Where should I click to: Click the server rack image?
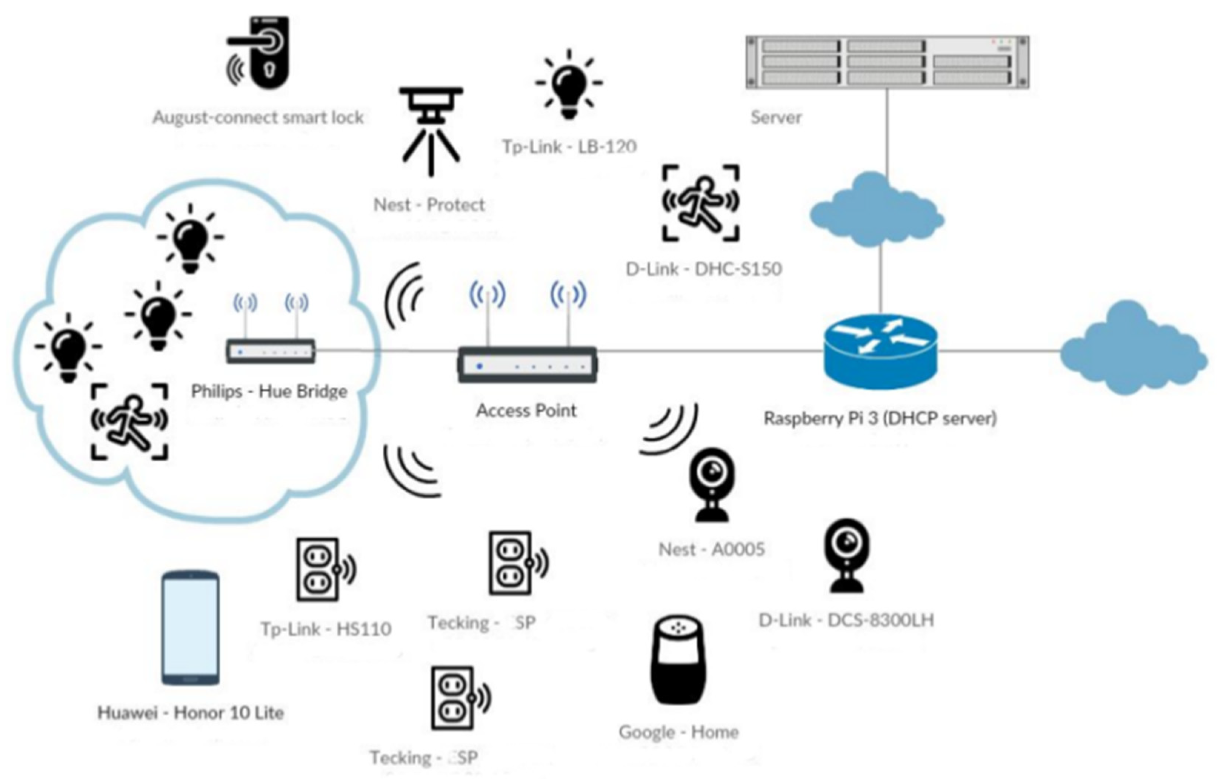tap(887, 62)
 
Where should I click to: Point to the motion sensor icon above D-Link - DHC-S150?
tap(701, 203)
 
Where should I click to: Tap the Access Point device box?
tap(527, 365)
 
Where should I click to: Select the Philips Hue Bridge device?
tap(271, 351)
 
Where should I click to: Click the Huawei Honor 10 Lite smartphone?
tap(190, 628)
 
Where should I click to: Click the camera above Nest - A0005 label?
tap(712, 484)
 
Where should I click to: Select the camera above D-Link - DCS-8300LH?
tap(847, 555)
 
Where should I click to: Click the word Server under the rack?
tap(776, 117)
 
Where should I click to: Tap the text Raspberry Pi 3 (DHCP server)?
tap(880, 418)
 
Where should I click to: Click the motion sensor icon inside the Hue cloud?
tap(130, 421)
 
